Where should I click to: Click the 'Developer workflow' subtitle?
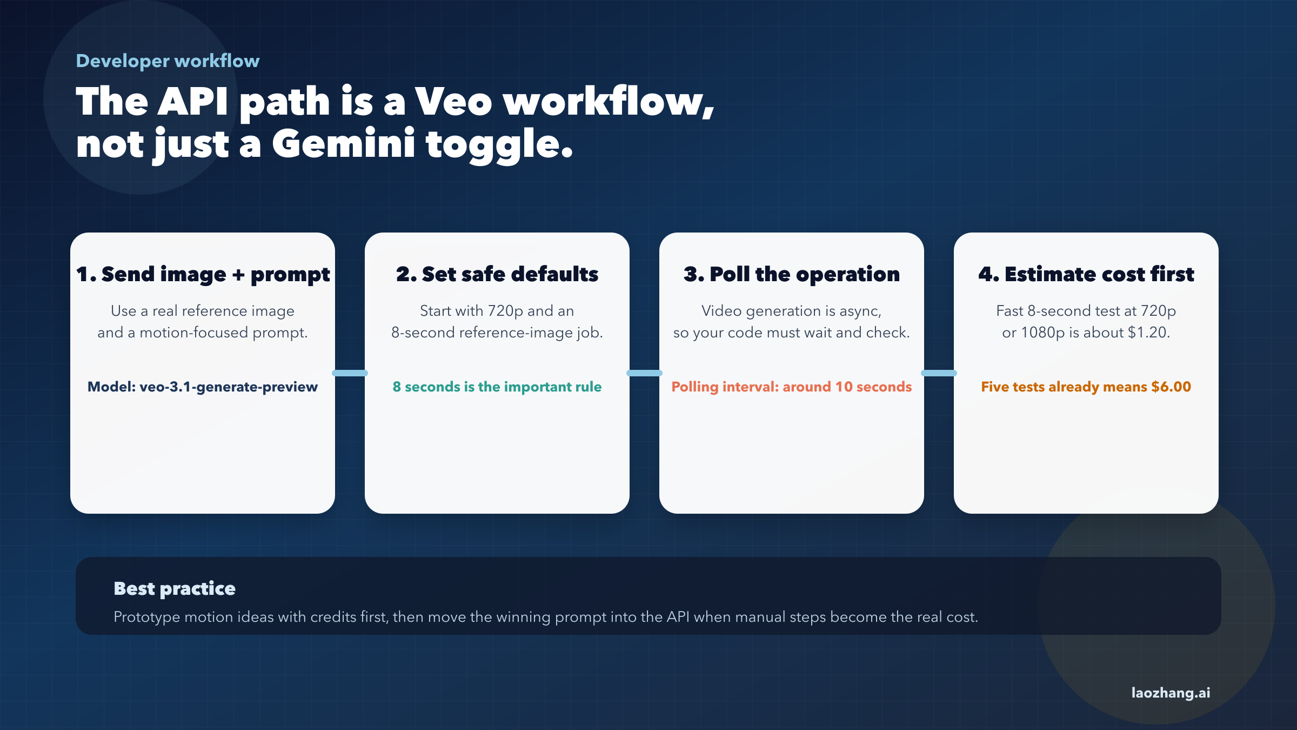[x=168, y=61]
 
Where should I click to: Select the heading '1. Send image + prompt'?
[x=203, y=274]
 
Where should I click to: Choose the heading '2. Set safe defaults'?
[x=497, y=274]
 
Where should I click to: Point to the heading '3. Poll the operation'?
[x=792, y=274]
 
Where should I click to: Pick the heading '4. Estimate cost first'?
[x=1086, y=274]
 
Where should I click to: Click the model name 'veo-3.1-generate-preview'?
[x=229, y=387]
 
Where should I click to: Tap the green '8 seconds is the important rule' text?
[x=497, y=387]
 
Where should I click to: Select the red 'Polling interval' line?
[x=792, y=387]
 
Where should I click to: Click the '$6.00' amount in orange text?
[x=1171, y=387]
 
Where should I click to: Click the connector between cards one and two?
[x=350, y=373]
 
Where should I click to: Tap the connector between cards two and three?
[x=644, y=373]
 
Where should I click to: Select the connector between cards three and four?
[x=939, y=373]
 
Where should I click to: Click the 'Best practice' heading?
[x=175, y=588]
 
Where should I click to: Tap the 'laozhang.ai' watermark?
[x=1171, y=693]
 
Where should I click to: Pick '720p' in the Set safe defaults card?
[x=506, y=311]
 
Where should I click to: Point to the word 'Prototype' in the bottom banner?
[x=146, y=618]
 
